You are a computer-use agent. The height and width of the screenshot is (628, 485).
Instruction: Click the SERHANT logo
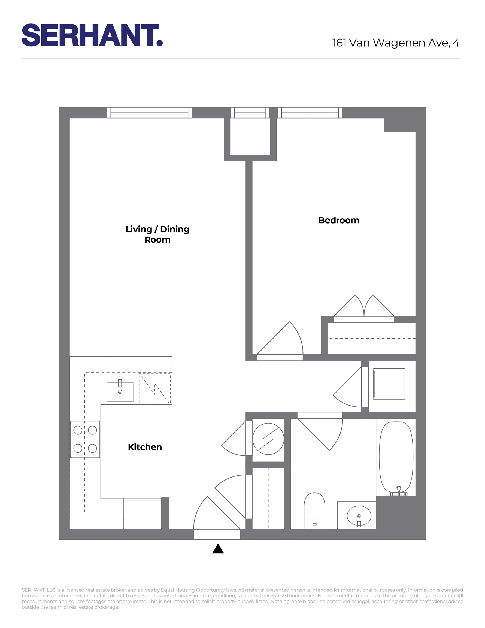coord(92,35)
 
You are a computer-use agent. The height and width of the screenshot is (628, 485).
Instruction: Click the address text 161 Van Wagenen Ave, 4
coord(396,43)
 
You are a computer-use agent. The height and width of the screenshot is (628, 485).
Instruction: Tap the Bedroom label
coord(339,220)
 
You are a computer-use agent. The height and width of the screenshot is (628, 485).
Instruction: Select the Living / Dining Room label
coord(157,234)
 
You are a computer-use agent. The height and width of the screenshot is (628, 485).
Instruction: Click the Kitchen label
coord(145,447)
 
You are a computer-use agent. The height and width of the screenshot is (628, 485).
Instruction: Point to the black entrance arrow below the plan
coord(218,549)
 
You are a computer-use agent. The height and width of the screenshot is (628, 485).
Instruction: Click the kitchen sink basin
coord(120,392)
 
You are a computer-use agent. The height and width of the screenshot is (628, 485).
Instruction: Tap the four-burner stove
coord(85,439)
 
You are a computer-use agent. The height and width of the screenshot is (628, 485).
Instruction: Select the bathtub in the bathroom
coord(396,457)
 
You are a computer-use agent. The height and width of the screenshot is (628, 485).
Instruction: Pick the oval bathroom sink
coord(359,516)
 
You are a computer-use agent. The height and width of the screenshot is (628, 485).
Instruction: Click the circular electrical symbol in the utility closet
coord(268,439)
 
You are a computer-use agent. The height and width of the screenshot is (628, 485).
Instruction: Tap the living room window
coord(149,113)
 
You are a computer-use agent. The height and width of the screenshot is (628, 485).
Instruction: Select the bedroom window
coord(310,113)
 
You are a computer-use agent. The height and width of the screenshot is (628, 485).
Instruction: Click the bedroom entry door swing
coord(283,342)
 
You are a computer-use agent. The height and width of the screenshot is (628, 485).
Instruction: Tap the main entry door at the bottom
coord(217,518)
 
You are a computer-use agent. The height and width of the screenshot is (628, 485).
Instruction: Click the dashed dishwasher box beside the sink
coord(155,388)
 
